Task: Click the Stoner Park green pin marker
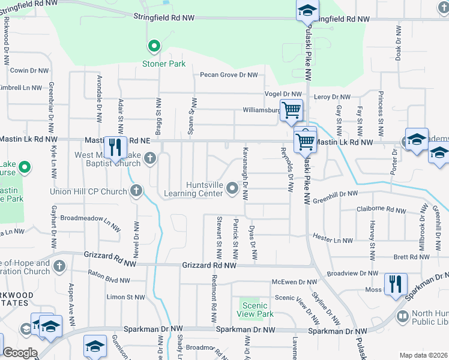[x=154, y=46]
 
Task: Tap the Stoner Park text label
[x=163, y=64]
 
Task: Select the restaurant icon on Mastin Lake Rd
[x=115, y=148]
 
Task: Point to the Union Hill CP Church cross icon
[x=136, y=191]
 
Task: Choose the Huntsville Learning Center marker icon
[x=233, y=190]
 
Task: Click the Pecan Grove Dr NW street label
[x=228, y=75]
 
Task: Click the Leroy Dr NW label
[x=332, y=97]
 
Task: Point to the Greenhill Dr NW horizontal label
[x=334, y=194]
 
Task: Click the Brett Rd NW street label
[x=410, y=257]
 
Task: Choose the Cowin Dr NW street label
[x=29, y=70]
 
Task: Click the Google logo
[x=20, y=353]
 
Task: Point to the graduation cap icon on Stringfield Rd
[x=307, y=10]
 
